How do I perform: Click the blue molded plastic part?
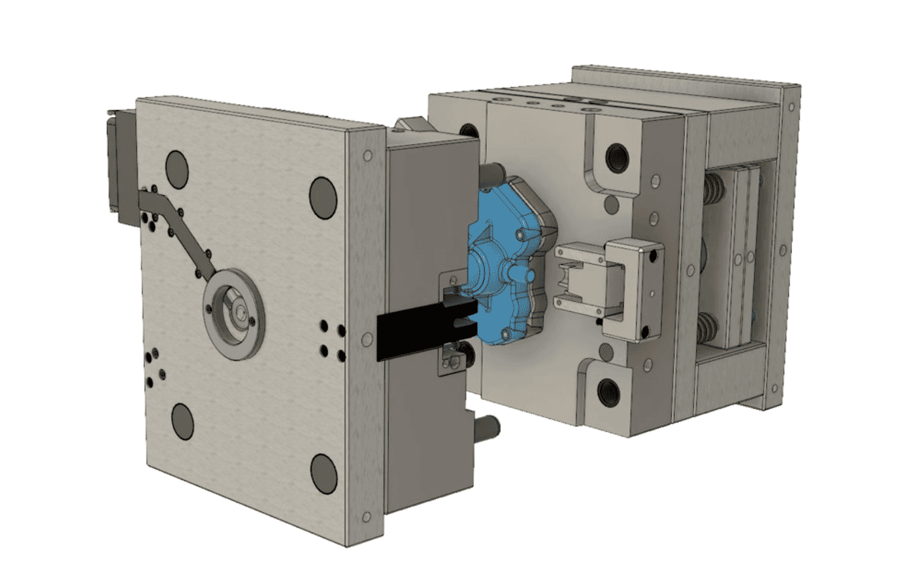point(503,262)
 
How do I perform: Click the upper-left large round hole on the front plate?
point(177,167)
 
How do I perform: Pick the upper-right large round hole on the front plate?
point(323,198)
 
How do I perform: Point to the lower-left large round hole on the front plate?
point(182,421)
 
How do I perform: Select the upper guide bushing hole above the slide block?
point(616,157)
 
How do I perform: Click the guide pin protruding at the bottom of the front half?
point(490,428)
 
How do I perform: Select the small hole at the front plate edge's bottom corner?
point(367,517)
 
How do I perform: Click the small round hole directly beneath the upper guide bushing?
point(611,205)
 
